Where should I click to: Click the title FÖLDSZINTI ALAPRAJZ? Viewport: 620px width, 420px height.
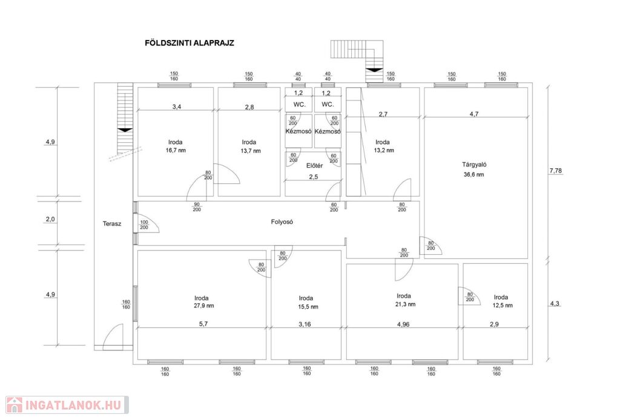190,43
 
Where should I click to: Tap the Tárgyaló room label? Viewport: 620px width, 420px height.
474,165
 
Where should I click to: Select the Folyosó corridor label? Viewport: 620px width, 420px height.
282,222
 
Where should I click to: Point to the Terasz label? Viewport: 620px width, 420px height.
112,224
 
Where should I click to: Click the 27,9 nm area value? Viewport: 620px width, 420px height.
204,306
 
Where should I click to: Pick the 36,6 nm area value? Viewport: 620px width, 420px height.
473,175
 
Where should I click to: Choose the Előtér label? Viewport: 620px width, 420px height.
314,166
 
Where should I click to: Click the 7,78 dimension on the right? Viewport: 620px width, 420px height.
556,171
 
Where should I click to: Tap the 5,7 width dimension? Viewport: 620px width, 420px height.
203,324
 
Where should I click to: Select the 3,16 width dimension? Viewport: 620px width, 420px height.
305,324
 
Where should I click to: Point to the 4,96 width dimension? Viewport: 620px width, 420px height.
403,324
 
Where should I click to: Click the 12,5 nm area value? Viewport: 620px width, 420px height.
503,306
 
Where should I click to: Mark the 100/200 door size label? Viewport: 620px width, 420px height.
144,225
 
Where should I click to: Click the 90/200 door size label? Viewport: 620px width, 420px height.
197,207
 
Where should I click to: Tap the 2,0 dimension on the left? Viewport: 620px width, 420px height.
50,219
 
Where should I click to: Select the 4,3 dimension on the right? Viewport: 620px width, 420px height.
555,304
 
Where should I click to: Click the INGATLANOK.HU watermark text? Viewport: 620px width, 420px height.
73,405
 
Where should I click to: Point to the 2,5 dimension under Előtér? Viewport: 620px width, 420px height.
313,177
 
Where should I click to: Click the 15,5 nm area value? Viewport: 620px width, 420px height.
308,307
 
